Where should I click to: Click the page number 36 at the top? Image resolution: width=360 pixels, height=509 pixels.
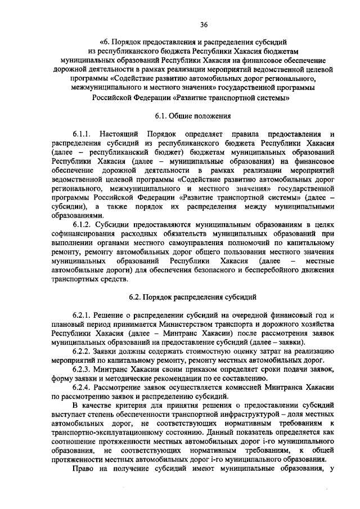click(x=204, y=24)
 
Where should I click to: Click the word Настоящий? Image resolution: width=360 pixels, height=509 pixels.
click(x=119, y=134)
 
